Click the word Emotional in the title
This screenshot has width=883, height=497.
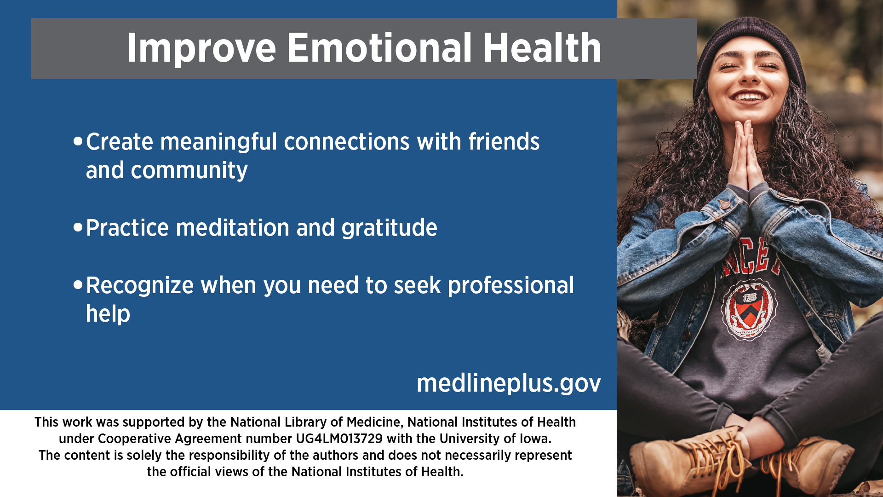pyautogui.click(x=379, y=48)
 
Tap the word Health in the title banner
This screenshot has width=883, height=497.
pyautogui.click(x=542, y=48)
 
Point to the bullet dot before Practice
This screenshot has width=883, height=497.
pyautogui.click(x=78, y=227)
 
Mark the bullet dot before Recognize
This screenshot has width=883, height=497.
pyautogui.click(x=78, y=284)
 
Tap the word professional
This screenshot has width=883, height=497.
pyautogui.click(x=511, y=286)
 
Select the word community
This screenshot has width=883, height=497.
pyautogui.click(x=189, y=171)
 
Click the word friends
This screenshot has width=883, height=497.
pyautogui.click(x=504, y=141)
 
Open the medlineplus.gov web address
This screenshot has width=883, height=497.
pyautogui.click(x=509, y=383)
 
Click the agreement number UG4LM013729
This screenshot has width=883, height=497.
pyautogui.click(x=339, y=439)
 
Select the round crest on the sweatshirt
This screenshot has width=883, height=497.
pyautogui.click(x=749, y=310)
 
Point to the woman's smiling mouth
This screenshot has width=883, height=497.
pyautogui.click(x=750, y=97)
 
